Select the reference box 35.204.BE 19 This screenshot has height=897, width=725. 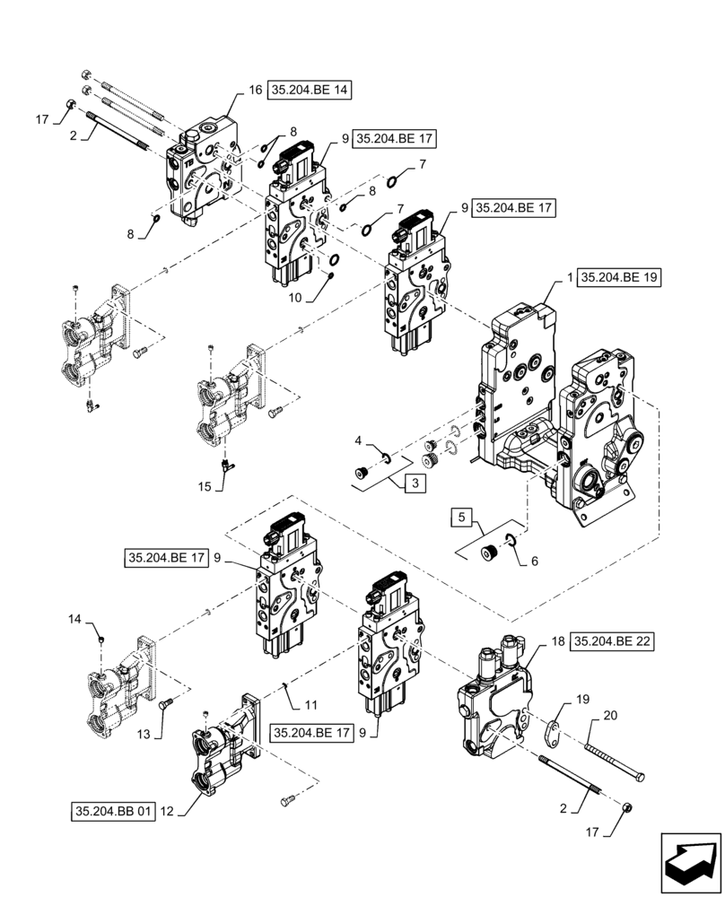[x=619, y=278]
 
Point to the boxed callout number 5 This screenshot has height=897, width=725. [x=460, y=518]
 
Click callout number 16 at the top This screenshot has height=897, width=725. [x=255, y=90]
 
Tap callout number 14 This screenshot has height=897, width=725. [x=74, y=619]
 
